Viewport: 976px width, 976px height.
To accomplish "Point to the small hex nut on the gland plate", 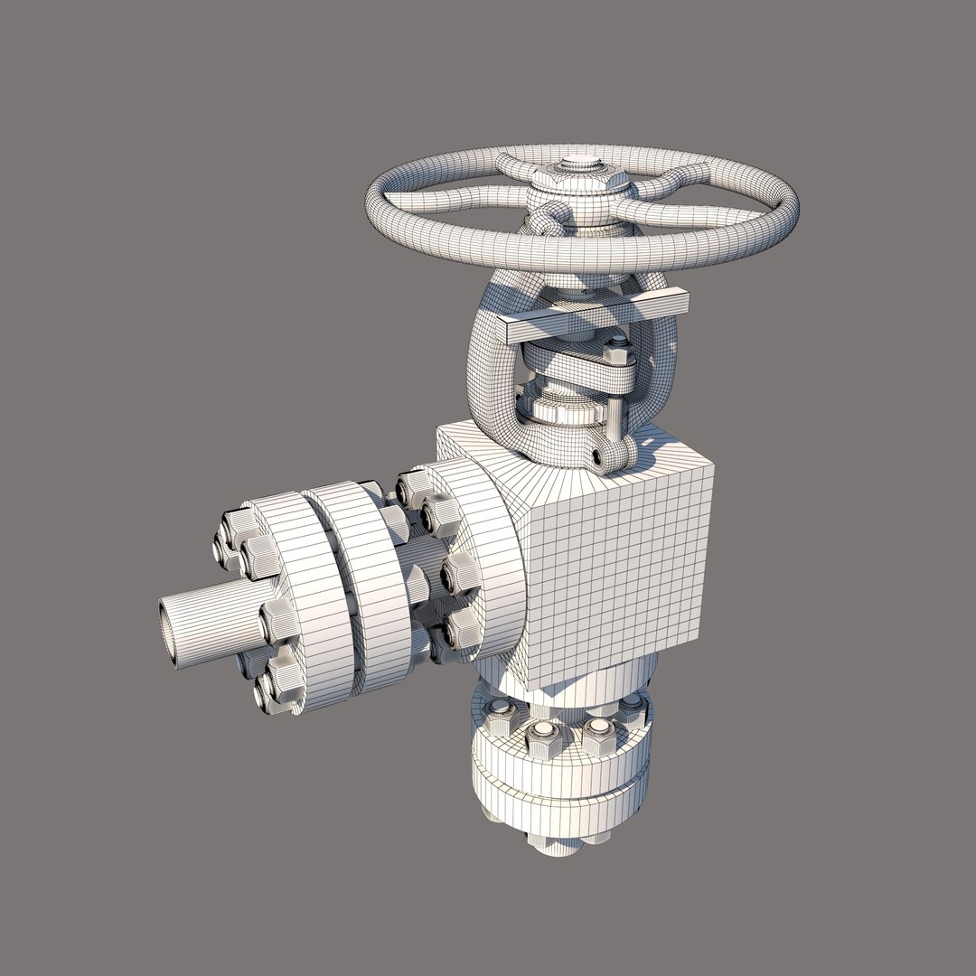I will coord(615,345).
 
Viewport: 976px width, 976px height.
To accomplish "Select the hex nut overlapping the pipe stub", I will coord(279,622).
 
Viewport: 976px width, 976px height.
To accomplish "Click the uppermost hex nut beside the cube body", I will coord(416,488).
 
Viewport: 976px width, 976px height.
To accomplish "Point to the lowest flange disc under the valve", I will coord(560,809).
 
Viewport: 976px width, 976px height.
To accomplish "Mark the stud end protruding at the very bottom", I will coord(551,845).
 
